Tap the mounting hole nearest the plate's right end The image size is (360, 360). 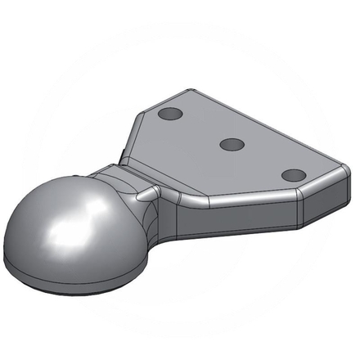tap(292, 174)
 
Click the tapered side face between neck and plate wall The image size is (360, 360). tap(168, 214)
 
